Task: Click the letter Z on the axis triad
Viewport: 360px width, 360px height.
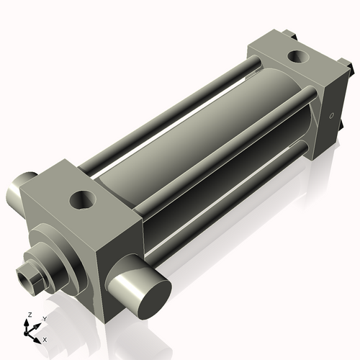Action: click(30, 315)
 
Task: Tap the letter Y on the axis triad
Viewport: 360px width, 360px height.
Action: click(44, 318)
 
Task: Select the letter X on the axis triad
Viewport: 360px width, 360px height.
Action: click(45, 338)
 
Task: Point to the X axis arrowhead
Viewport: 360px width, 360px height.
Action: click(38, 336)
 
